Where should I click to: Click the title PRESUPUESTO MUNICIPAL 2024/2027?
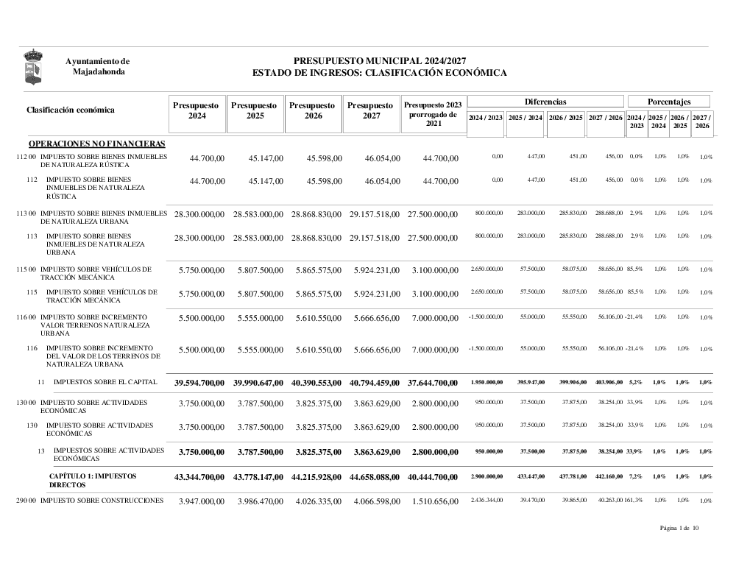coord(380,61)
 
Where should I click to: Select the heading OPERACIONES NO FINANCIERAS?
coord(96,144)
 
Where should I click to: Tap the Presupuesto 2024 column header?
coord(197,111)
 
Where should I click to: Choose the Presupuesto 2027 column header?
coord(372,111)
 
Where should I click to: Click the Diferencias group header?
coord(545,102)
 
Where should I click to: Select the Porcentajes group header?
coord(669,102)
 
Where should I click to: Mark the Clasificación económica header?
coord(71,110)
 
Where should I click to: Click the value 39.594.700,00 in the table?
coord(199,383)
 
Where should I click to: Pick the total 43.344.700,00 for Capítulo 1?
coord(199,478)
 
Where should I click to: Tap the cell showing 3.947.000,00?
coord(201,501)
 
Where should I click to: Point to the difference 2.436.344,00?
coord(486,501)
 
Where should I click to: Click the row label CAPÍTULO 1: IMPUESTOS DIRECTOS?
coord(93,481)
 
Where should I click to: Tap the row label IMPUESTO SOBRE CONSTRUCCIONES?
coord(102,501)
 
